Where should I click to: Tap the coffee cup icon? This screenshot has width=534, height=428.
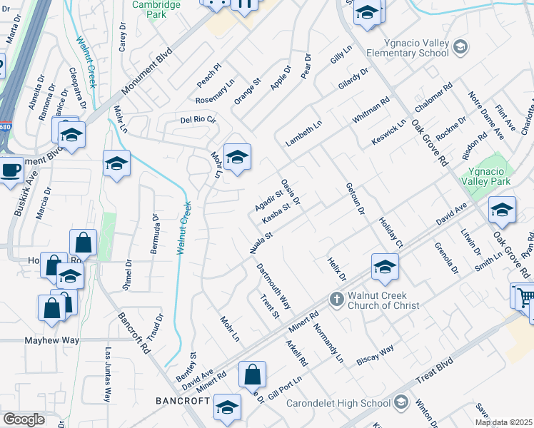(x=10, y=170)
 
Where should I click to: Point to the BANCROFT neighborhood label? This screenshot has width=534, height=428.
(x=182, y=401)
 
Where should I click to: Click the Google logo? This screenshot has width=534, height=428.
(x=24, y=419)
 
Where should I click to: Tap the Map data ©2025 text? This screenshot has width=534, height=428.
(x=503, y=422)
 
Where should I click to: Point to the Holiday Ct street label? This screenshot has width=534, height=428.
(x=391, y=233)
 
